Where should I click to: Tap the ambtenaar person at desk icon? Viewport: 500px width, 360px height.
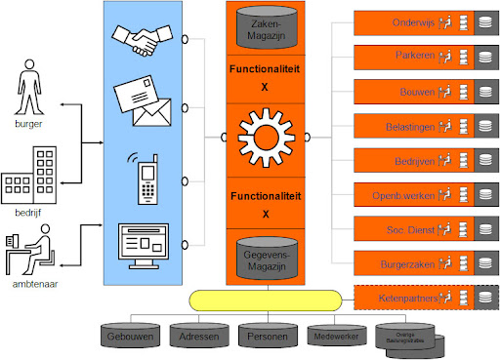point(29,245)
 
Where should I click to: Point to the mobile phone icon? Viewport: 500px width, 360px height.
point(147,177)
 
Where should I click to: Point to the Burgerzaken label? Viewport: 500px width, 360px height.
point(404,262)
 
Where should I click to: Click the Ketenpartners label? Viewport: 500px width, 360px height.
point(401,297)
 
